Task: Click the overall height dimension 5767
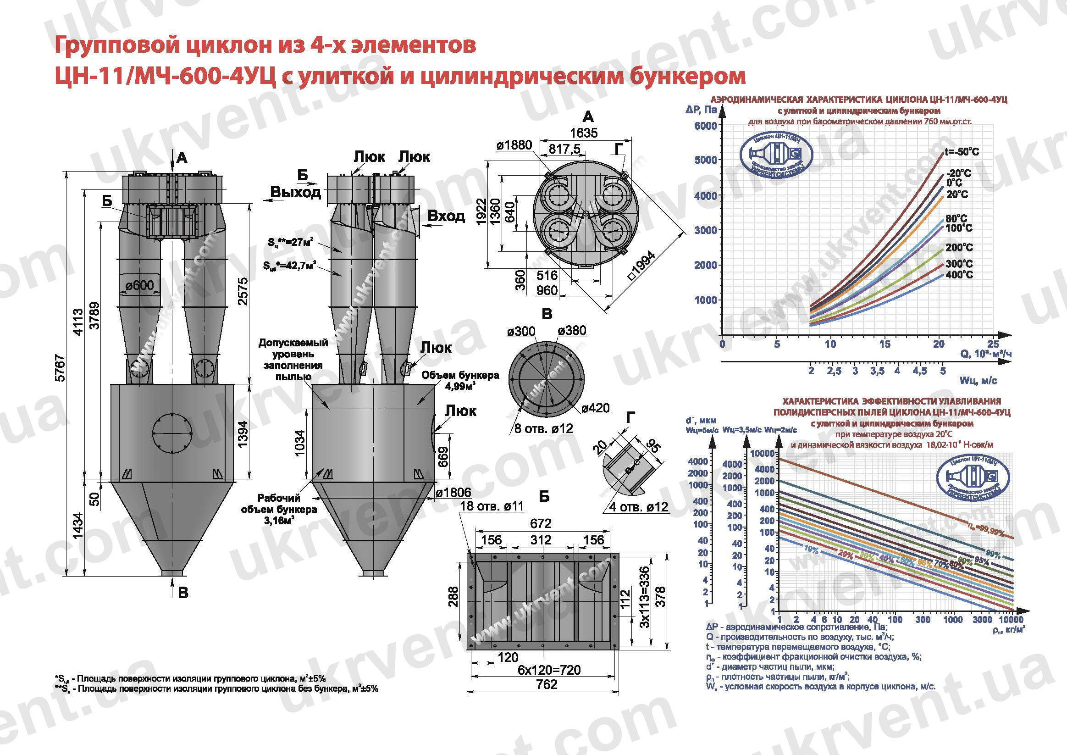point(61,368)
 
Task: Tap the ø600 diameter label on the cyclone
point(140,285)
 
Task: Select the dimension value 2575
point(243,291)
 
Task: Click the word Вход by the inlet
point(446,216)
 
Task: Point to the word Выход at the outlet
point(296,192)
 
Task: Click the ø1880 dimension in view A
point(514,145)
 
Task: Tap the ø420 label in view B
point(595,408)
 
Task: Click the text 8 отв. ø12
point(543,428)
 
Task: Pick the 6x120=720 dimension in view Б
point(549,670)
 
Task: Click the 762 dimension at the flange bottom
point(546,684)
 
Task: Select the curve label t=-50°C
point(962,152)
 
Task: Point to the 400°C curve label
point(959,275)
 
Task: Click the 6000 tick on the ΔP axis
point(705,126)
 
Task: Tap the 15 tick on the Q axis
point(885,344)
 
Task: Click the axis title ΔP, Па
point(701,110)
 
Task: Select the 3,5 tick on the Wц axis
point(877,371)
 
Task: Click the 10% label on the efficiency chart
point(811,550)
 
